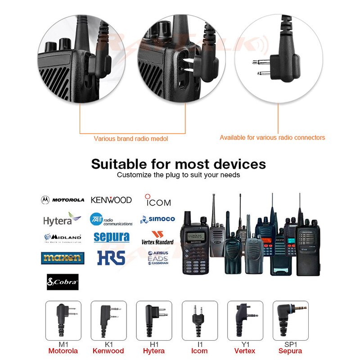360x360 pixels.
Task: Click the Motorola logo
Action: point(63,200)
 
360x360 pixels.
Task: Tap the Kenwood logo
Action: point(111,200)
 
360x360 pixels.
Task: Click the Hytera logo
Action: point(62,220)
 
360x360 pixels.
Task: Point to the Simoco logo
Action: point(157,219)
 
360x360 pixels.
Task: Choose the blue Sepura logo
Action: point(111,237)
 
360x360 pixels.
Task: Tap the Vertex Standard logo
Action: point(157,238)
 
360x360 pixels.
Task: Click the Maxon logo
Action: point(63,258)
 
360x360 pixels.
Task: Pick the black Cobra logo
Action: point(63,282)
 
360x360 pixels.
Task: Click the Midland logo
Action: point(63,237)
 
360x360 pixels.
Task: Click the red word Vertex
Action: point(245,351)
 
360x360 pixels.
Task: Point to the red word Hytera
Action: point(154,351)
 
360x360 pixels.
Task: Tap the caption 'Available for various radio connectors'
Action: point(272,138)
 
